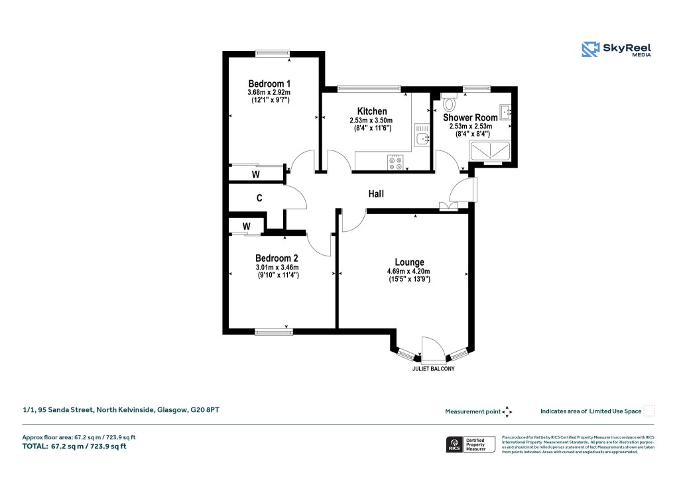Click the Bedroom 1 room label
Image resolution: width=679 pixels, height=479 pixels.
[x=270, y=83]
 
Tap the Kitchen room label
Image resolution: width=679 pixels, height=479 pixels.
[x=371, y=111]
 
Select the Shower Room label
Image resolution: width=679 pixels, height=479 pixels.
[x=470, y=117]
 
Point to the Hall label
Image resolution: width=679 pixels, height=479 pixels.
[x=376, y=194]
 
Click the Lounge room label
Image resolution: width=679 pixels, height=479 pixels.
[x=409, y=262]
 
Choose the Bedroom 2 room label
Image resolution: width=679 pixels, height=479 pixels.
[x=277, y=258]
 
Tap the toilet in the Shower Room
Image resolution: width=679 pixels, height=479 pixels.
[x=450, y=103]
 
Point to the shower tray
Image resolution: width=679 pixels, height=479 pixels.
[x=490, y=151]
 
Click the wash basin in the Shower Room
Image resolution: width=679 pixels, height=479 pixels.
[x=506, y=111]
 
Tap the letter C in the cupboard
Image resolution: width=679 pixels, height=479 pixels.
[x=259, y=197]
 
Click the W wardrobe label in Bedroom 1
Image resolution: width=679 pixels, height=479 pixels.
[x=255, y=174]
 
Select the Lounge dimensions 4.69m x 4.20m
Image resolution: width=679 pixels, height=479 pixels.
[x=409, y=271]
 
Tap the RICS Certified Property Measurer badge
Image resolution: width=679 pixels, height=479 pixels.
[x=471, y=445]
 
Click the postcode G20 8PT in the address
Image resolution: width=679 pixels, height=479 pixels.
[x=205, y=410]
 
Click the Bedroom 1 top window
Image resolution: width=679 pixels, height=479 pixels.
[x=274, y=54]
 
